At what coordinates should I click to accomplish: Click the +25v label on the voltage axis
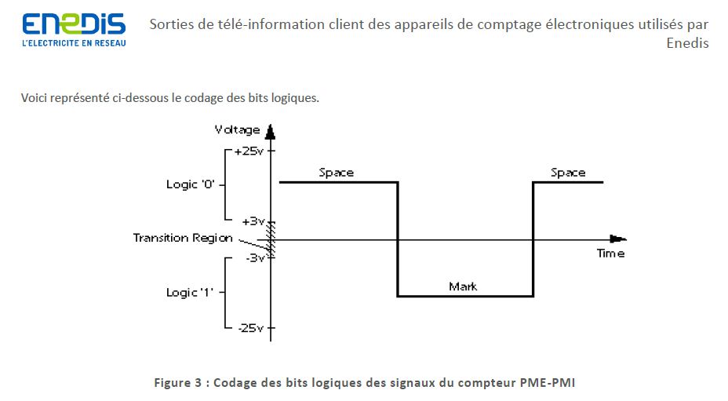point(249,150)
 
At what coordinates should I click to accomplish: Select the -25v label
point(250,327)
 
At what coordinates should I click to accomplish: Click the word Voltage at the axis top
point(238,129)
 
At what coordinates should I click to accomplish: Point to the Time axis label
point(610,253)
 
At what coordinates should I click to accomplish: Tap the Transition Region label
point(183,237)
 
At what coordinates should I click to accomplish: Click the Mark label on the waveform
point(463,286)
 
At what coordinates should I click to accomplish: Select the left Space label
point(336,173)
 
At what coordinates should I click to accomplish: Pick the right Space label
point(568,173)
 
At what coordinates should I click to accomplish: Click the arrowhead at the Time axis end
point(618,239)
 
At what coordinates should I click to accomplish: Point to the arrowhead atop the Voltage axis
point(271,131)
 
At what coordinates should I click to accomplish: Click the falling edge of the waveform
point(398,239)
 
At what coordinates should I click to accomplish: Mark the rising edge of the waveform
point(533,239)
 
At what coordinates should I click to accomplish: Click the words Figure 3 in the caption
point(180,383)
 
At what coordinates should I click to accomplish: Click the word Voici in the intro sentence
point(35,98)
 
